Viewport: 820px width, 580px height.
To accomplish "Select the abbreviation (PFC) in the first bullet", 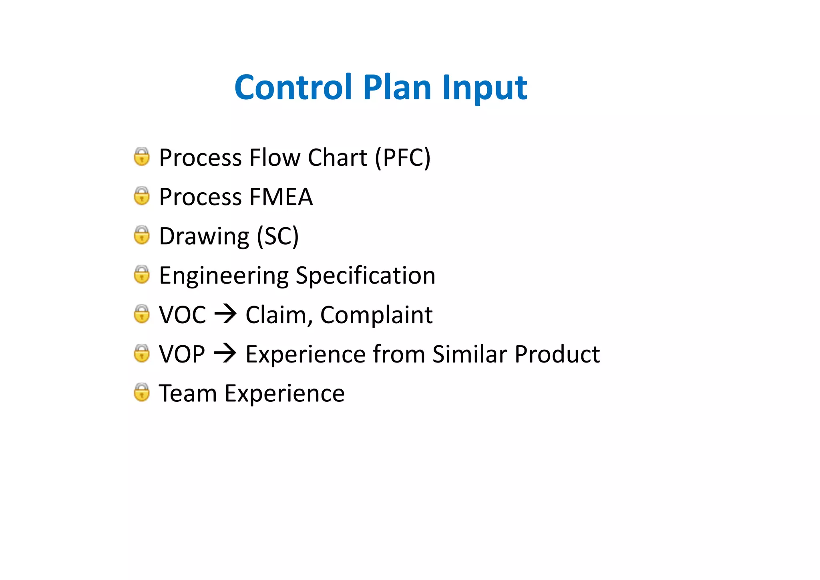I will [402, 157].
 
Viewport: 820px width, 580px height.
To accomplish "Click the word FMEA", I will [281, 197].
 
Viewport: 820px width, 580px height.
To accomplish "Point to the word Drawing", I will [204, 237].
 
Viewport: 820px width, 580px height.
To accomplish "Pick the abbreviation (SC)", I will [278, 236].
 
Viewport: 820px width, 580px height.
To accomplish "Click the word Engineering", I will [224, 276].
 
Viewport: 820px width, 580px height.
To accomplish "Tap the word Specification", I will [365, 276].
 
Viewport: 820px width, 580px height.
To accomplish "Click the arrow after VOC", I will [225, 314].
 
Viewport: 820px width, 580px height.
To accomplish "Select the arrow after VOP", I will [225, 353].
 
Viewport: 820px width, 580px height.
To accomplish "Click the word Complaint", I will [376, 315].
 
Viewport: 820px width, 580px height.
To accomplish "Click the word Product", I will [557, 354].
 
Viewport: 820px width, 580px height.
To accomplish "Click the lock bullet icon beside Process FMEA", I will [142, 196].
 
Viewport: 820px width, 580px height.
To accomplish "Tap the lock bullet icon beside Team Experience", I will [142, 393].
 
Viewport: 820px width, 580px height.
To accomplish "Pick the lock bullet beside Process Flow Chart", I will [142, 157].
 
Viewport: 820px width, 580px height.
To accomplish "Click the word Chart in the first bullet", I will [337, 157].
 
